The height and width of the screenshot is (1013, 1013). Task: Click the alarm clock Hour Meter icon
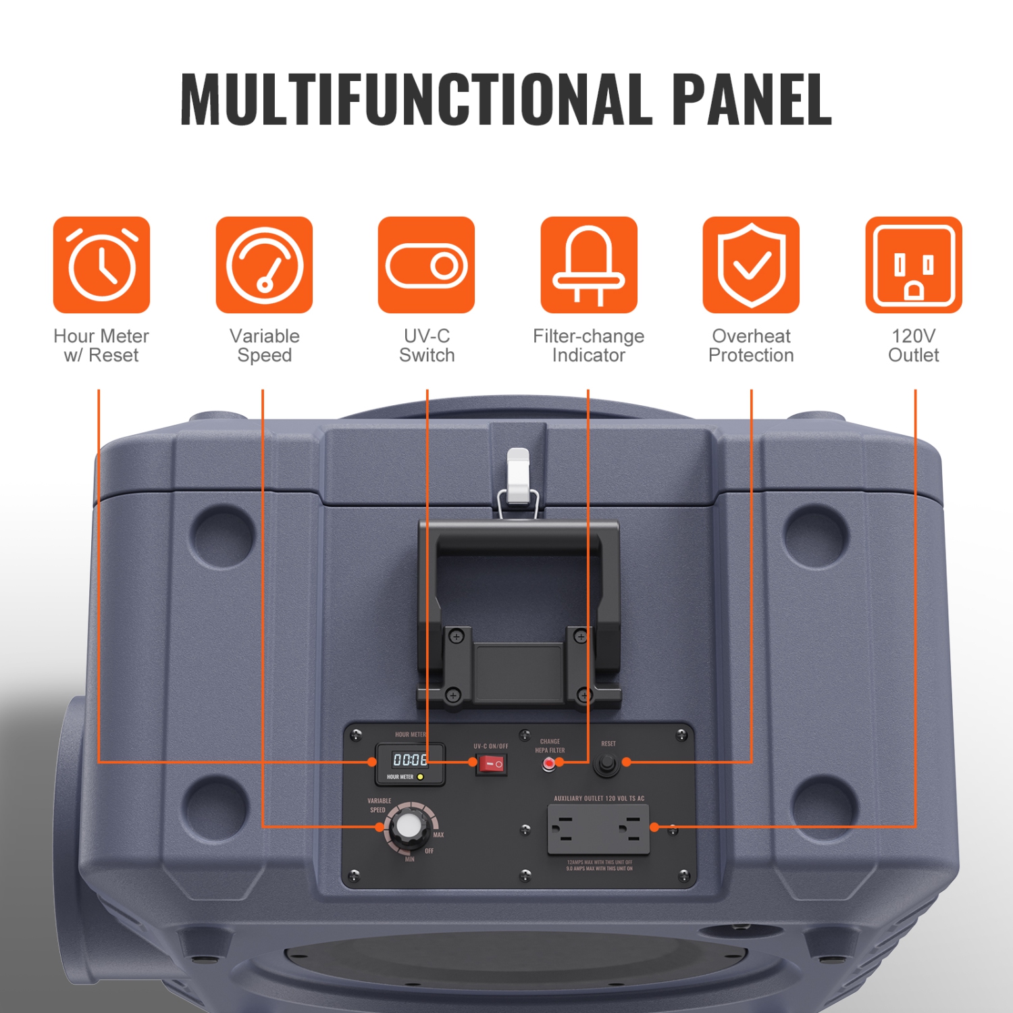point(101,265)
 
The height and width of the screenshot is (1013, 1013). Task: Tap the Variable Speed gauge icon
point(264,265)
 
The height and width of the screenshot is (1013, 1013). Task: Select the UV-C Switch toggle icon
point(426,265)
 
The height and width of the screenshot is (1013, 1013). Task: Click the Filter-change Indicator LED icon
point(588,265)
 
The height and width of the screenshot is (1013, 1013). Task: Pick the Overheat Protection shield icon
point(751,265)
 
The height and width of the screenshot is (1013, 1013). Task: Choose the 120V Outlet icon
point(914,265)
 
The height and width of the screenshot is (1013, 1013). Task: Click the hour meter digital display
point(410,760)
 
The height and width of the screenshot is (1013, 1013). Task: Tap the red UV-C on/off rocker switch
point(492,764)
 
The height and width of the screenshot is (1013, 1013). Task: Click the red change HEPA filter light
point(549,764)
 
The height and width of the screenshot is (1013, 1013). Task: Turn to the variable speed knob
point(408,826)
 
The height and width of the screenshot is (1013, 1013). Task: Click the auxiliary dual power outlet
point(598,829)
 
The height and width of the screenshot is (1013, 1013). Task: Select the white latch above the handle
point(518,475)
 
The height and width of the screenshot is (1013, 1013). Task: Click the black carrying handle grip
point(519,540)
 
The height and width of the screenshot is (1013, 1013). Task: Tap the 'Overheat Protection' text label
point(751,346)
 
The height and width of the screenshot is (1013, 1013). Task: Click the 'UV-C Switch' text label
point(426,346)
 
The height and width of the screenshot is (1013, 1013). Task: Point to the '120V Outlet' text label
point(914,346)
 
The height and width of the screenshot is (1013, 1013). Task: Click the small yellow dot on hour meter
point(420,777)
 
